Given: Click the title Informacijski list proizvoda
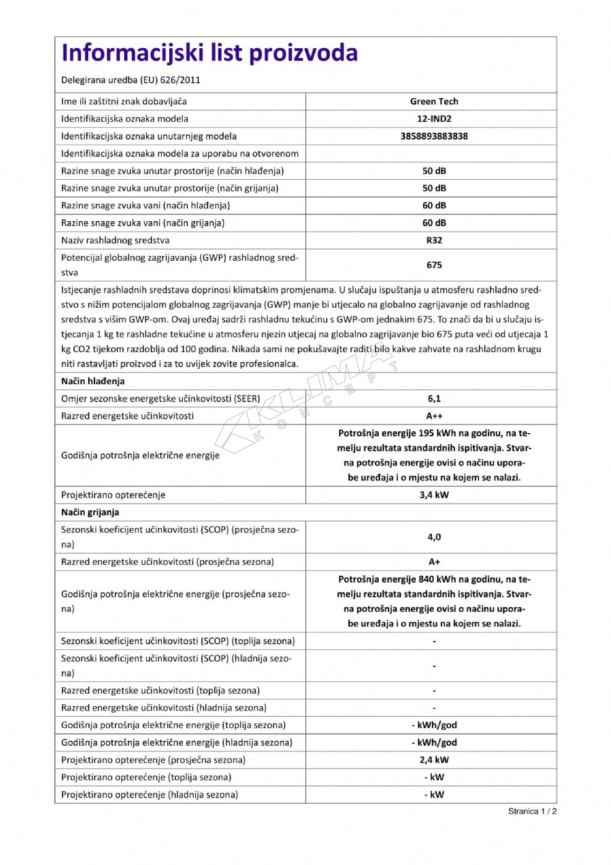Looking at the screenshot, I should pyautogui.click(x=209, y=53).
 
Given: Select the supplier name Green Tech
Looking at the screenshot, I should pyautogui.click(x=434, y=101).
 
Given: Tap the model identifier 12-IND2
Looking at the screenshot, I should pyautogui.click(x=434, y=119).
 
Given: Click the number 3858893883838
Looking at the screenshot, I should pyautogui.click(x=434, y=136).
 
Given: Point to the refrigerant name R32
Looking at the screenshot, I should pyautogui.click(x=434, y=240).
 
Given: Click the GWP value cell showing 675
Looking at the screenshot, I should pyautogui.click(x=434, y=265).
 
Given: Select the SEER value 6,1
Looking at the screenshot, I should pyautogui.click(x=434, y=399).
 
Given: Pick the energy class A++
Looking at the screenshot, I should pyautogui.click(x=434, y=416).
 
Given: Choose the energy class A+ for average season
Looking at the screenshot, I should pyautogui.click(x=434, y=562).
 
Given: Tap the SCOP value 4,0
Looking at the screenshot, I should pyautogui.click(x=434, y=537).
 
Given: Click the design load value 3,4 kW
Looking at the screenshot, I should pyautogui.click(x=434, y=495).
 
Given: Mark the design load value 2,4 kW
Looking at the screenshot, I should pyautogui.click(x=434, y=760).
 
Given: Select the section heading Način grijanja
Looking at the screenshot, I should pyautogui.click(x=90, y=512).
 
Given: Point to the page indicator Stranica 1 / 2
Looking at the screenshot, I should pyautogui.click(x=533, y=811).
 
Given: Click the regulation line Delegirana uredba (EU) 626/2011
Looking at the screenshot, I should pyautogui.click(x=130, y=80).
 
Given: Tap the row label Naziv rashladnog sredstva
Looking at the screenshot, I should pyautogui.click(x=115, y=240).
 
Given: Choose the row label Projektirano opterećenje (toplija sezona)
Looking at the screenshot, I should pyautogui.click(x=146, y=777).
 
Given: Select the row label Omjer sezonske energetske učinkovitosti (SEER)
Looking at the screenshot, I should pyautogui.click(x=161, y=399).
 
